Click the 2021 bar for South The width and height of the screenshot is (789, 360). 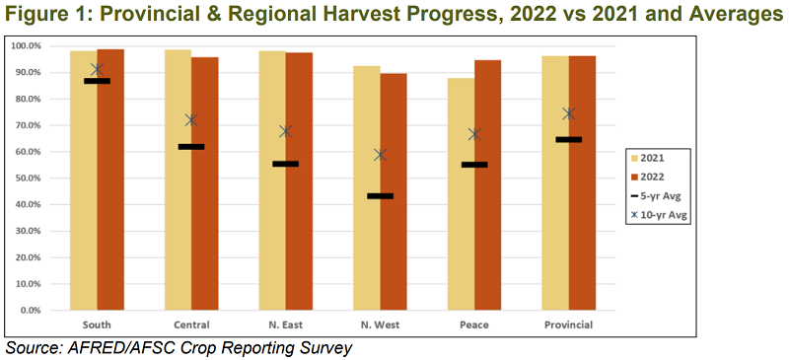83,227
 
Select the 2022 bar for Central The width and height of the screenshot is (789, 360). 204,227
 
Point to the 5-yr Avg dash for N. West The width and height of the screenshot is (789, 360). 380,196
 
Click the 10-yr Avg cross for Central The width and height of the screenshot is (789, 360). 191,120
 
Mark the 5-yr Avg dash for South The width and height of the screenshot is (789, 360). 97,81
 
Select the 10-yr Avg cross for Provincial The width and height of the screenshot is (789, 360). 569,113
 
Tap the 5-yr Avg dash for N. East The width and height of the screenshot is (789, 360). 285,164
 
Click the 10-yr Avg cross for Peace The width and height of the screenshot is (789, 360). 474,134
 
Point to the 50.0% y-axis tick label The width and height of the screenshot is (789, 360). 24,179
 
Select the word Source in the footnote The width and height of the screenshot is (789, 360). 34,348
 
